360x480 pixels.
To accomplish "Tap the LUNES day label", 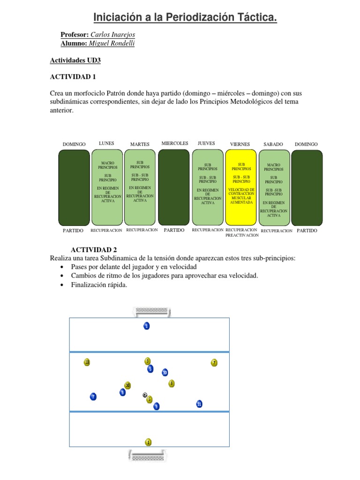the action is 106,143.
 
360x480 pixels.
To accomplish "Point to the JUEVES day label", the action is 207,143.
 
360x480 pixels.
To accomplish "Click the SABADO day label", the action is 273,144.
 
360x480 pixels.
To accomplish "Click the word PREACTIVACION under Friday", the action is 242,236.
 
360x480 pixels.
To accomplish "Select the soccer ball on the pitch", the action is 145,395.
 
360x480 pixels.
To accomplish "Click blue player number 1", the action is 147,326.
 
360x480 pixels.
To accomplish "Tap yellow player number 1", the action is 149,442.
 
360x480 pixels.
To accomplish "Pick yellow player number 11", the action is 87,362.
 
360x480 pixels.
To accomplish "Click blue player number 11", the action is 199,404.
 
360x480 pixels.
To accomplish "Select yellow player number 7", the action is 214,362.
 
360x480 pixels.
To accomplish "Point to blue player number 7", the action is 93,397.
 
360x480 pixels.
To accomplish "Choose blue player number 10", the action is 165,373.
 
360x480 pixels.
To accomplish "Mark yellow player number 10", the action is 127,385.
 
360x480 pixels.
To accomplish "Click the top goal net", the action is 152,310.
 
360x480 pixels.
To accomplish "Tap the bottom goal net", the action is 147,455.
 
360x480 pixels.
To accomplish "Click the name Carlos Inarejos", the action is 112,35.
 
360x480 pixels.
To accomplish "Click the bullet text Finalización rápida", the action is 99,285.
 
